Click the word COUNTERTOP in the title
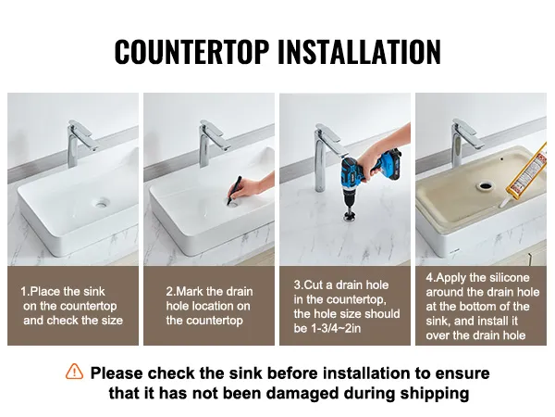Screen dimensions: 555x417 point(191,52)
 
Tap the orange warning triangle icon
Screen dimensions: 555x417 point(74,372)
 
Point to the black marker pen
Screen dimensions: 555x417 point(234,190)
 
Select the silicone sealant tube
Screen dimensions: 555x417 point(525,174)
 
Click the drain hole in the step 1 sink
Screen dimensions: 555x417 point(101,203)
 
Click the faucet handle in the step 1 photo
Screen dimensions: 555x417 point(83,134)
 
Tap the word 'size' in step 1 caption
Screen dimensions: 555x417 point(112,321)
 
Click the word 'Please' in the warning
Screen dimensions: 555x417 point(117,373)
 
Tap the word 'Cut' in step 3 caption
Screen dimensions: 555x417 point(314,284)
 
